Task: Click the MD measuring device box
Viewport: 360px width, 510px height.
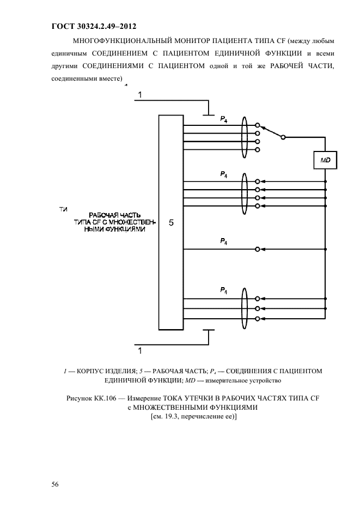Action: click(x=325, y=160)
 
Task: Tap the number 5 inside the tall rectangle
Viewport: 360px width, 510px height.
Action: click(x=171, y=223)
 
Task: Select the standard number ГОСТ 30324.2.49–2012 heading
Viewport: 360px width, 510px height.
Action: click(x=93, y=26)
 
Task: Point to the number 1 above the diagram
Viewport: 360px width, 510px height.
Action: click(x=139, y=95)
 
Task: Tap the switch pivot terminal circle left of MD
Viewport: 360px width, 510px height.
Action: click(x=282, y=137)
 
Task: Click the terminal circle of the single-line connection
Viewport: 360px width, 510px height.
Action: click(x=258, y=249)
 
